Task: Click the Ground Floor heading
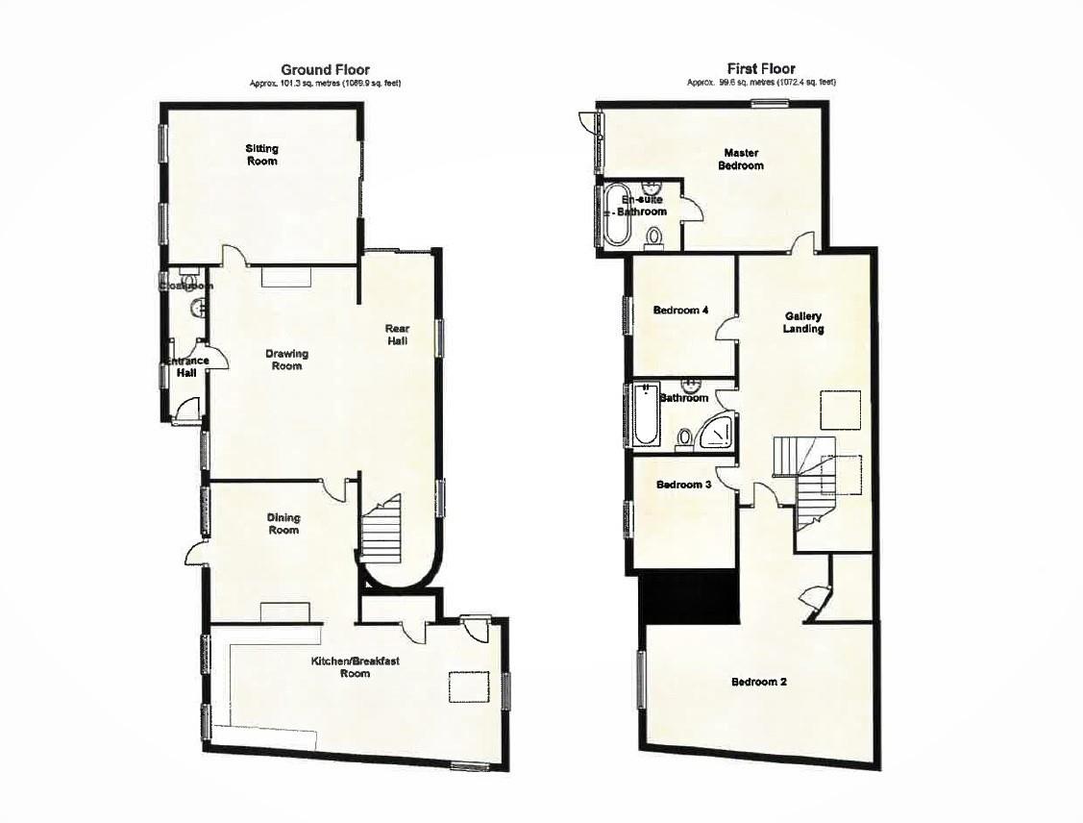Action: (x=325, y=69)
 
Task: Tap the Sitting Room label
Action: (x=261, y=155)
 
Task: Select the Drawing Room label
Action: (x=287, y=360)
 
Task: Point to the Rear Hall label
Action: (x=398, y=335)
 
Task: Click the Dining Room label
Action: (x=283, y=524)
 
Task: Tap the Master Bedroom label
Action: (x=742, y=159)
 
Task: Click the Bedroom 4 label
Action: (x=680, y=311)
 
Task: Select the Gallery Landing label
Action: (x=803, y=322)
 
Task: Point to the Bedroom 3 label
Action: (x=683, y=486)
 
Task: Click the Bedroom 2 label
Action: (x=759, y=683)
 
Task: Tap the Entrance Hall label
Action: (x=185, y=366)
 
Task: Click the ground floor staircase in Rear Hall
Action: (x=382, y=532)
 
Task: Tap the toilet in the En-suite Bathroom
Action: (x=655, y=236)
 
